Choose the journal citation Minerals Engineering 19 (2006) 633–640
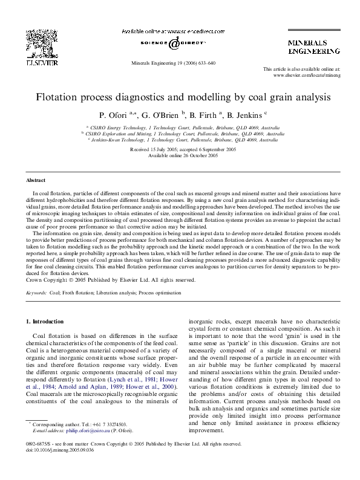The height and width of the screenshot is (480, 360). [173, 63]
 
